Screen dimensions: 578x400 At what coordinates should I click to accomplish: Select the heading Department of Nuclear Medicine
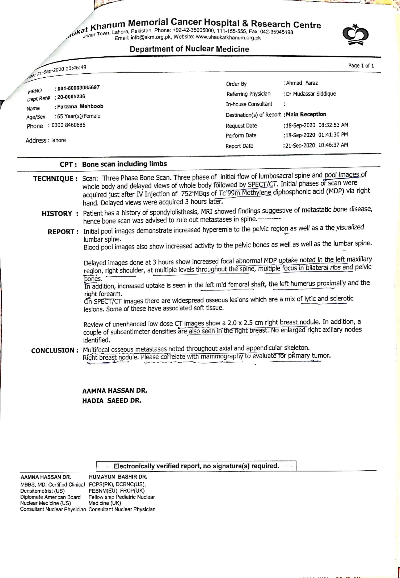pyautogui.click(x=189, y=49)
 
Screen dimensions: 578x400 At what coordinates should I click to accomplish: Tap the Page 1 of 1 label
pyautogui.click(x=361, y=65)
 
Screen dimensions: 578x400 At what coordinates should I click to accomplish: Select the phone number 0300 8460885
pyautogui.click(x=68, y=125)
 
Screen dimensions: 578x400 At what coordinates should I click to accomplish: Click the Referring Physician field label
pyautogui.click(x=248, y=94)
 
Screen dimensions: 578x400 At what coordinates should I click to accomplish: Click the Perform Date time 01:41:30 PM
pyautogui.click(x=333, y=135)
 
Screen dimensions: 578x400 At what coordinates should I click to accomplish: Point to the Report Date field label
pyautogui.click(x=239, y=146)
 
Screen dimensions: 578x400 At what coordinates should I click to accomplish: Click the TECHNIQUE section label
pyautogui.click(x=53, y=179)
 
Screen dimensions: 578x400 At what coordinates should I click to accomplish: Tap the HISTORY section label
pyautogui.click(x=57, y=214)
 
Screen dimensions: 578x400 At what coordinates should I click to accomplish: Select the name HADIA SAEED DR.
pyautogui.click(x=112, y=401)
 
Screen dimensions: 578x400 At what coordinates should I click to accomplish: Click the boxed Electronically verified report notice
pyautogui.click(x=196, y=466)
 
